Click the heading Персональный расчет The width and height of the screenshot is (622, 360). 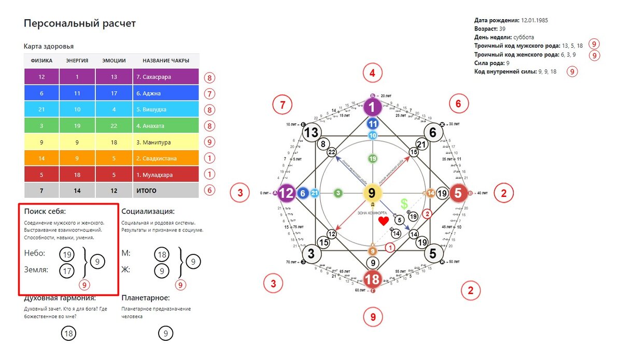tap(79, 24)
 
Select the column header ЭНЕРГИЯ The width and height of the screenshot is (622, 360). tap(77, 61)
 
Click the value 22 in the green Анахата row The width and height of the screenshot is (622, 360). tap(114, 126)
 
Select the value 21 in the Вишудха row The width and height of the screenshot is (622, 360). tap(41, 110)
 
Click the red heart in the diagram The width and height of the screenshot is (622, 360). tap(383, 221)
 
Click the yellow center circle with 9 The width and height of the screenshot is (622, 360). tap(372, 193)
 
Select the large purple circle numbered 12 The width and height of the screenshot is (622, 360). tap(286, 193)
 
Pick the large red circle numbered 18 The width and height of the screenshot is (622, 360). tap(372, 279)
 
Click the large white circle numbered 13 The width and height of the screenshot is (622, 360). tap(311, 133)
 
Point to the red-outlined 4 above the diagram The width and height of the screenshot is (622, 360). tap(372, 73)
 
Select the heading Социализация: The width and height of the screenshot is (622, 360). tap(148, 211)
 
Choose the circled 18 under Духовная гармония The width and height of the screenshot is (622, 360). tap(68, 333)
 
